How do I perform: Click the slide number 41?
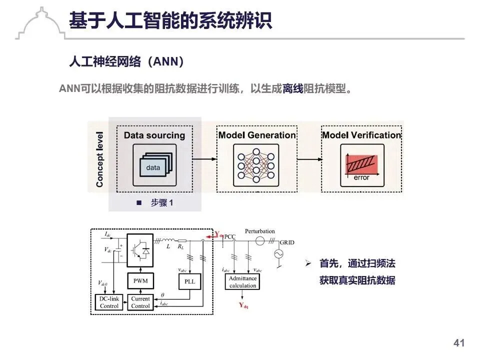[459, 343]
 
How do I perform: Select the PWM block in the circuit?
[140, 281]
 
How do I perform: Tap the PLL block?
[190, 281]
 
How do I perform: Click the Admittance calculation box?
[243, 282]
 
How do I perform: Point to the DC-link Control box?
[109, 302]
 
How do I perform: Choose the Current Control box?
[140, 302]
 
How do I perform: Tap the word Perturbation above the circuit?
[260, 231]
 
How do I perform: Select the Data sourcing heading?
[154, 135]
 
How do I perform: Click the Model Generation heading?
[257, 135]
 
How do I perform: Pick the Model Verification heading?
[361, 135]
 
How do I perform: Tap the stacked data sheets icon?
[154, 165]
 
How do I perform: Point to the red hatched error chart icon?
[361, 163]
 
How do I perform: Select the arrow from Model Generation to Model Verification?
[308, 159]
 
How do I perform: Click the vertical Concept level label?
[99, 159]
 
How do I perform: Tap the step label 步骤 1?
[160, 203]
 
